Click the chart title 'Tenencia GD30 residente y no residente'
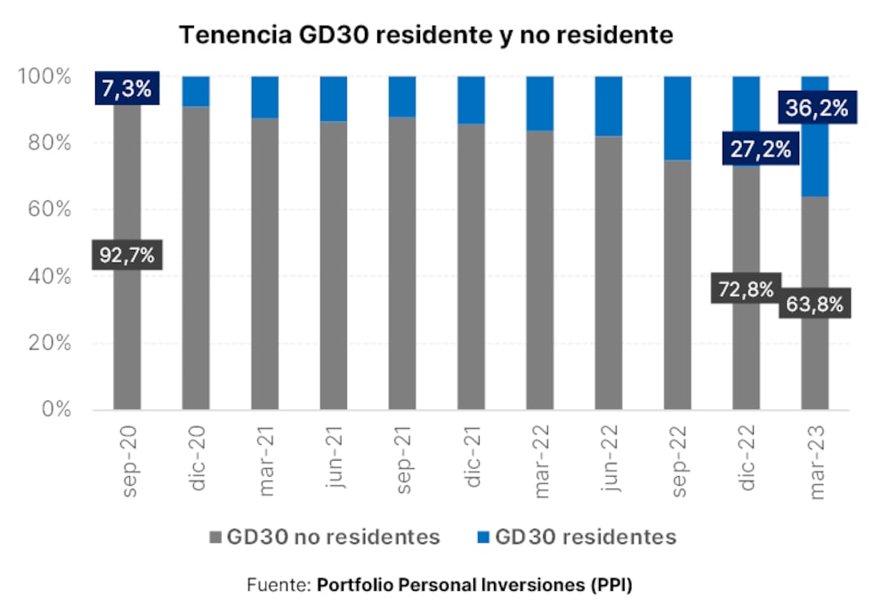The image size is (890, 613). coord(426,35)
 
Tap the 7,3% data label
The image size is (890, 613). coord(126,88)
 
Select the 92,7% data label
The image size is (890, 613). coord(126,255)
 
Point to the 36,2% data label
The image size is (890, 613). coord(816,108)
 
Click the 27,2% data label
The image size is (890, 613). coord(759,149)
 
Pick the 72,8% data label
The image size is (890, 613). coord(746,290)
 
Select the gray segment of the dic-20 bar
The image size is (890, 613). coord(196,258)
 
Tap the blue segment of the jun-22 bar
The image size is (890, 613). coord(609,105)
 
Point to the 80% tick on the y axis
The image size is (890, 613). coord(44,143)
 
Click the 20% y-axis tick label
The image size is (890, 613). coord(44,343)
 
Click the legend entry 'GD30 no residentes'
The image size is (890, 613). coord(324,537)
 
